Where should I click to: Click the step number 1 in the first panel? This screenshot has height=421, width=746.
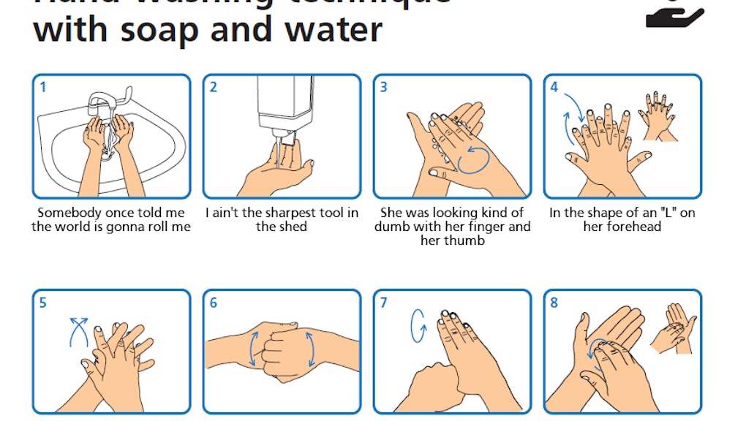pos(43,88)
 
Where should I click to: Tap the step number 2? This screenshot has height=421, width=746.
pos(214,88)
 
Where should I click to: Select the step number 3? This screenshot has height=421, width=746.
pos(384,88)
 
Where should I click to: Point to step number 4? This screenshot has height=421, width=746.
pos(554,88)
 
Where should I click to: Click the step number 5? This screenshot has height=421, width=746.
pos(43,303)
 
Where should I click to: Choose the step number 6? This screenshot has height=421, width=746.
pos(214,303)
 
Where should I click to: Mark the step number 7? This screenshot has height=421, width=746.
pos(384,303)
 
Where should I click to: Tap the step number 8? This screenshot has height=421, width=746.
pos(554,303)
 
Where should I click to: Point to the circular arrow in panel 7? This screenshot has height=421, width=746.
pos(418,325)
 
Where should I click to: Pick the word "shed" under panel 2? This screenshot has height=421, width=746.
pos(293,227)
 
